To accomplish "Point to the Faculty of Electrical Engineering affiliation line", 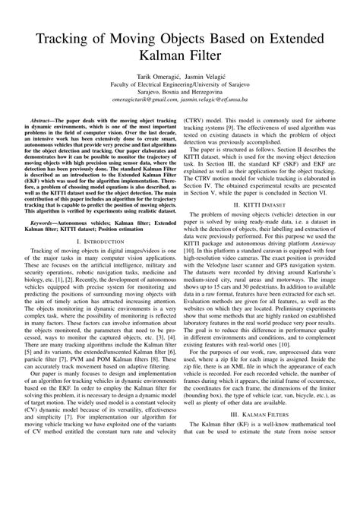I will [180, 88].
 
